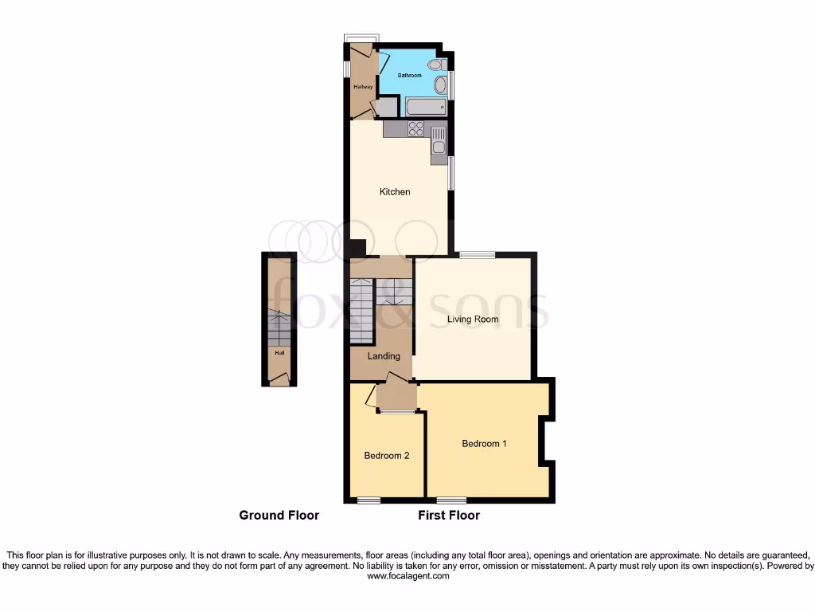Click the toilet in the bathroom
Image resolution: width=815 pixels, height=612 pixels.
tap(435, 65)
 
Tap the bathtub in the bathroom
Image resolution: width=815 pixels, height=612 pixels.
tap(425, 107)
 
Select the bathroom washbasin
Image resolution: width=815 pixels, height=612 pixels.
tap(440, 85)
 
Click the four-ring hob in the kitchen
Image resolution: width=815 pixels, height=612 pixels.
tap(415, 128)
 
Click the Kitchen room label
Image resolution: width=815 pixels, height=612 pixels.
tap(395, 192)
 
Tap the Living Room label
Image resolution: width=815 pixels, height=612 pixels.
tap(473, 320)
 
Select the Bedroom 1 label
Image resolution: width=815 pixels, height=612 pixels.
tap(484, 444)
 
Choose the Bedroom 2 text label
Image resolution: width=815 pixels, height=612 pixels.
tap(387, 456)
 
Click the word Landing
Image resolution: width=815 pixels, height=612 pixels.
tap(384, 356)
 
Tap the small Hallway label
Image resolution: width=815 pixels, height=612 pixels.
tap(363, 86)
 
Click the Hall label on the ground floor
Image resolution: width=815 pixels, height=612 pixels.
tap(279, 352)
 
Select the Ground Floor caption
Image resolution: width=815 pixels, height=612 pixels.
tap(279, 516)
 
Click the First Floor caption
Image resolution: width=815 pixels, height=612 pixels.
tap(449, 516)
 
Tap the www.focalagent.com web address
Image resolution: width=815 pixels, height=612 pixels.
tap(407, 576)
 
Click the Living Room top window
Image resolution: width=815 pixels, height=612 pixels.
tap(477, 255)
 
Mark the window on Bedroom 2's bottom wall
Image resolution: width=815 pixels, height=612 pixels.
tap(369, 500)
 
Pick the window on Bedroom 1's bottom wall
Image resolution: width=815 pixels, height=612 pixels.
tap(451, 500)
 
